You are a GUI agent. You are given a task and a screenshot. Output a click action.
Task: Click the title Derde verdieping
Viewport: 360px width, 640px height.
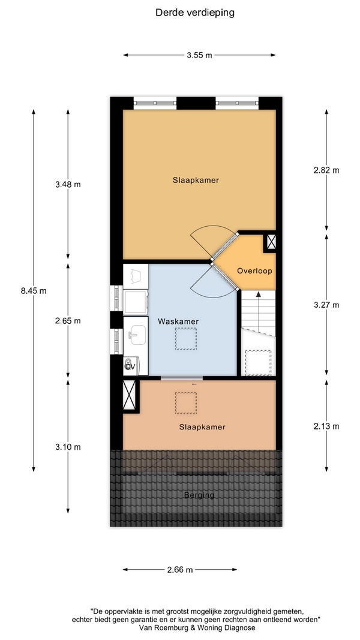coord(194,13)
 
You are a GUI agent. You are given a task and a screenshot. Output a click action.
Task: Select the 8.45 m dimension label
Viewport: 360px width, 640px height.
coord(34,291)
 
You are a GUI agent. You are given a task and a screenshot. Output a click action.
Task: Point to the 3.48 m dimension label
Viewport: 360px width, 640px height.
coord(68,184)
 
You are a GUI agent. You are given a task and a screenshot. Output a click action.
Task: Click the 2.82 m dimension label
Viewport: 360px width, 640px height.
coord(326,170)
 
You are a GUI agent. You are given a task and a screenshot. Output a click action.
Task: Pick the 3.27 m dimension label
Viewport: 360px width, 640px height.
coord(326,305)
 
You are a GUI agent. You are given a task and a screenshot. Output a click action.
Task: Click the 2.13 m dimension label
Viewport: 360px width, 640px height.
coord(326,426)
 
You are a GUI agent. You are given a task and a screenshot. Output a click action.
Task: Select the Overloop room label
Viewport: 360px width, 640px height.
coord(254,271)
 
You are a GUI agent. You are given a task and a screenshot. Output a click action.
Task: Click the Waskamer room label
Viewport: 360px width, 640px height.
coord(178,321)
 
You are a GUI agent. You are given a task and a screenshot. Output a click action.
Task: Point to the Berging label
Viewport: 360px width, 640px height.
coord(199,495)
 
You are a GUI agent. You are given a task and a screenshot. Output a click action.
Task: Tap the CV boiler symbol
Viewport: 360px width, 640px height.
coord(131,366)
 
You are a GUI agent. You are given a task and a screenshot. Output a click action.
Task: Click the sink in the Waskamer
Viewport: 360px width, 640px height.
coord(135,334)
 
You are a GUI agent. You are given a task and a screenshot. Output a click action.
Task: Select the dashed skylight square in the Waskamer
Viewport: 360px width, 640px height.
coord(186,339)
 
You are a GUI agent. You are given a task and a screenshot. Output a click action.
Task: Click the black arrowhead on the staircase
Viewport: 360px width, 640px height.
coord(259,294)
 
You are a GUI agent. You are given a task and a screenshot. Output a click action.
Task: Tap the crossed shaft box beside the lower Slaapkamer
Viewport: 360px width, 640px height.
coord(130,395)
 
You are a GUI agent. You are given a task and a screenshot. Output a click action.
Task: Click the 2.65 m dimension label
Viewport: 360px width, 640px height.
coord(68,321)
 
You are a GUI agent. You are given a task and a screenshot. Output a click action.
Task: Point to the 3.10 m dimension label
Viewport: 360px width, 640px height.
coord(68,447)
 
